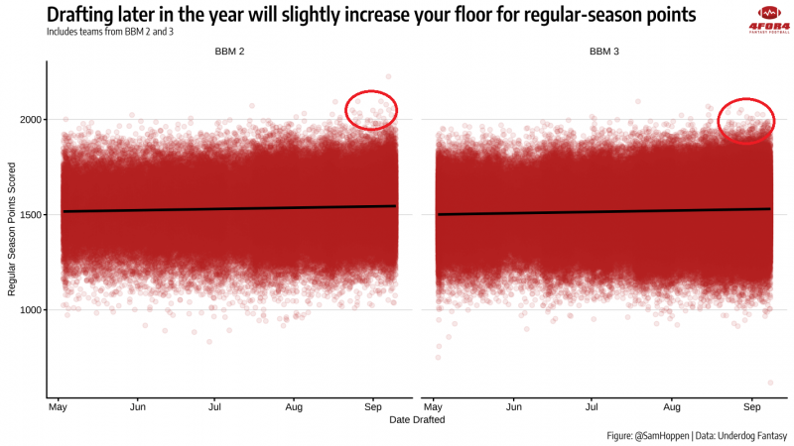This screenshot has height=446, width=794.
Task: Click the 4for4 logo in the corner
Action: pyautogui.click(x=769, y=20)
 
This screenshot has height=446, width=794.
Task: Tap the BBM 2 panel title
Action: pyautogui.click(x=229, y=52)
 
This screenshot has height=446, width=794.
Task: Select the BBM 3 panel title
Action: pyautogui.click(x=604, y=52)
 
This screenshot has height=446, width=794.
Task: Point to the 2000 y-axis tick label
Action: pyautogui.click(x=31, y=120)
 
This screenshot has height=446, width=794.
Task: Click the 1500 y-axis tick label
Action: pyautogui.click(x=31, y=215)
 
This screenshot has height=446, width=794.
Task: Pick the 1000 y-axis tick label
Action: pyautogui.click(x=31, y=310)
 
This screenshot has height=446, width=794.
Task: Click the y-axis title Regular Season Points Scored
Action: pyautogui.click(x=12, y=229)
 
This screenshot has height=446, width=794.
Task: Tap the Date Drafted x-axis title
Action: pyautogui.click(x=417, y=419)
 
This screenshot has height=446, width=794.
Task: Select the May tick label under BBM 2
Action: pyautogui.click(x=58, y=407)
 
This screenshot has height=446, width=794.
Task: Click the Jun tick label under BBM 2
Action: pyautogui.click(x=138, y=407)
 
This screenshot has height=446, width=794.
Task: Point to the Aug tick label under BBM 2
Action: pyautogui.click(x=294, y=407)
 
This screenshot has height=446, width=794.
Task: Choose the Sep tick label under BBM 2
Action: pyautogui.click(x=373, y=407)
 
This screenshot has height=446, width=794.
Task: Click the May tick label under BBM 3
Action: pyautogui.click(x=433, y=407)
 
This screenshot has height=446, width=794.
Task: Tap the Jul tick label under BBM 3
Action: pyautogui.click(x=592, y=407)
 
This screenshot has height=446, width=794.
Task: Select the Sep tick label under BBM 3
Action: pyautogui.click(x=752, y=407)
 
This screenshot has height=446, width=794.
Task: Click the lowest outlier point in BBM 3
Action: pyautogui.click(x=771, y=383)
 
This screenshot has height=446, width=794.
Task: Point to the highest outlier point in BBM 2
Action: pyautogui.click(x=388, y=77)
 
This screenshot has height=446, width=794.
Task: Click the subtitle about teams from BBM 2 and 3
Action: pyautogui.click(x=110, y=32)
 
